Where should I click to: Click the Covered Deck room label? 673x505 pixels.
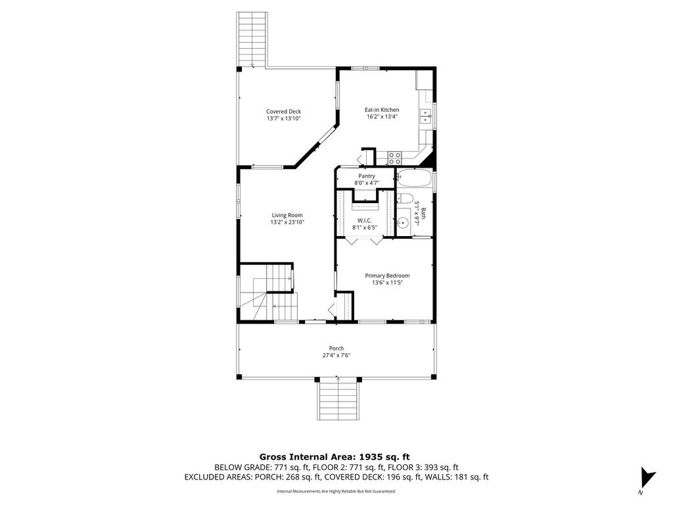(283, 112)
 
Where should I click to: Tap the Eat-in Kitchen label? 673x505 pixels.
(382, 110)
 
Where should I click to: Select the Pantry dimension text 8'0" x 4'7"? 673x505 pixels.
(367, 183)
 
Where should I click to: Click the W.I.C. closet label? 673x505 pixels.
(364, 221)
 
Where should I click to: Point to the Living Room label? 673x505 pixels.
(287, 216)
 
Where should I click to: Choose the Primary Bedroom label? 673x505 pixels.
(387, 276)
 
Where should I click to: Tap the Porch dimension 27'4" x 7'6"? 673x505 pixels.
(336, 355)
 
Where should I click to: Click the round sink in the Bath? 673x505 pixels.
(403, 223)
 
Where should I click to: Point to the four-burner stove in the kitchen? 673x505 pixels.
(394, 158)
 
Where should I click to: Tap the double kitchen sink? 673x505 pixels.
(425, 116)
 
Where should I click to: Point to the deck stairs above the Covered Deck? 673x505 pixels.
(252, 39)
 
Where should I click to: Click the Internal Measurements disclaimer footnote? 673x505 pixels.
(336, 491)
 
